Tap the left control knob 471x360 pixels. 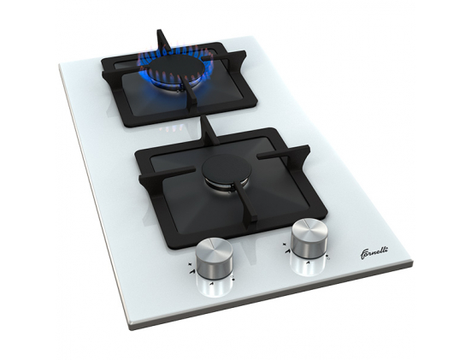pyautogui.click(x=214, y=259)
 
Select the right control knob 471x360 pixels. pyautogui.click(x=309, y=239)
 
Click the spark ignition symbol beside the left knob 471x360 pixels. pyautogui.click(x=190, y=264)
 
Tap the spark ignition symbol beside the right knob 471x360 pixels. pyautogui.click(x=285, y=245)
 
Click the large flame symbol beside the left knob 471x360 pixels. pyautogui.click(x=191, y=271)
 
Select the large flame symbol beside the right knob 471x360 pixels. pyautogui.click(x=287, y=251)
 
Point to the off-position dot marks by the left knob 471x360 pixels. pyautogui.click(x=233, y=278)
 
